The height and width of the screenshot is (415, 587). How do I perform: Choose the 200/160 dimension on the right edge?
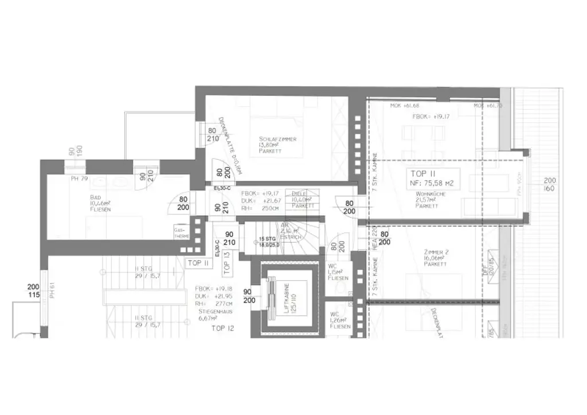tap(550, 184)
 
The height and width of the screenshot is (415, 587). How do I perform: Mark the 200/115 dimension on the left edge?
tap(33, 290)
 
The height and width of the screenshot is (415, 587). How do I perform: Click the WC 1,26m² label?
tap(339, 320)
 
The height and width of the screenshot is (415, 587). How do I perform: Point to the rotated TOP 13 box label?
tap(226, 261)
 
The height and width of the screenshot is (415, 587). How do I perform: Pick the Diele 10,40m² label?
tap(303, 199)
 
